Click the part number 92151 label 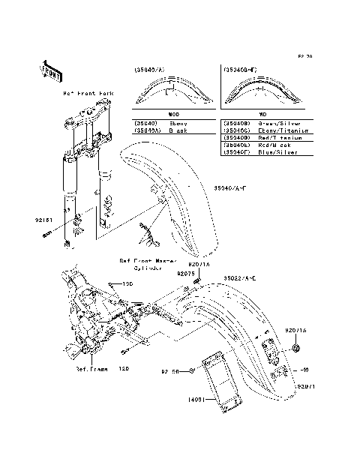[x=43, y=222]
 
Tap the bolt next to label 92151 [x=46, y=235]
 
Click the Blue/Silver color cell [x=276, y=152]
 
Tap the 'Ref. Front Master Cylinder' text [x=148, y=264]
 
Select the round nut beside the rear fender [x=297, y=349]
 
